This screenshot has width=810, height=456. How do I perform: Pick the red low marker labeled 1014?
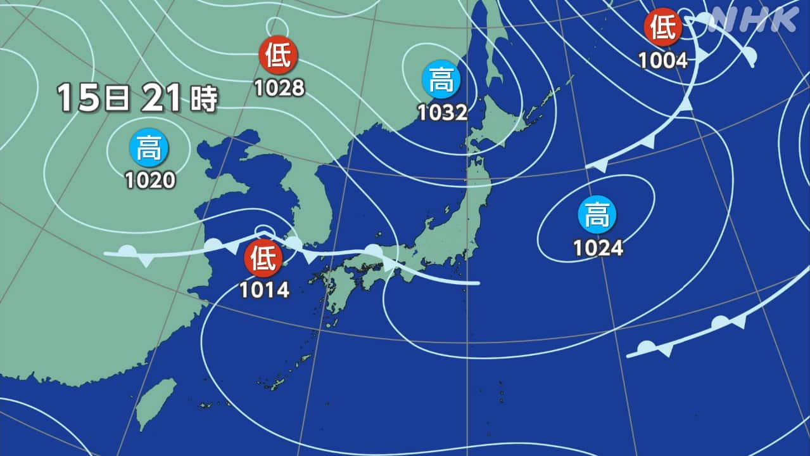point(264,259)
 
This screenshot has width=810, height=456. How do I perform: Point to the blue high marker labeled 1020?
point(149,148)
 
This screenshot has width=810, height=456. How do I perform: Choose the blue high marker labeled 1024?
point(597,216)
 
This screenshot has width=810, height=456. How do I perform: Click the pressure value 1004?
point(663,60)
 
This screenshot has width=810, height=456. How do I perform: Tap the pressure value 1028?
point(279,88)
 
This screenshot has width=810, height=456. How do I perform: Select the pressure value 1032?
point(442,113)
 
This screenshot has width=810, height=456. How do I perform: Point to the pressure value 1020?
point(150,180)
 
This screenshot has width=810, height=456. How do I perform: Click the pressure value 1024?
point(598,247)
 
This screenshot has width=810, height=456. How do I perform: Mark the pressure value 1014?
point(265,290)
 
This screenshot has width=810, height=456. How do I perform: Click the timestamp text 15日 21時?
point(137,98)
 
